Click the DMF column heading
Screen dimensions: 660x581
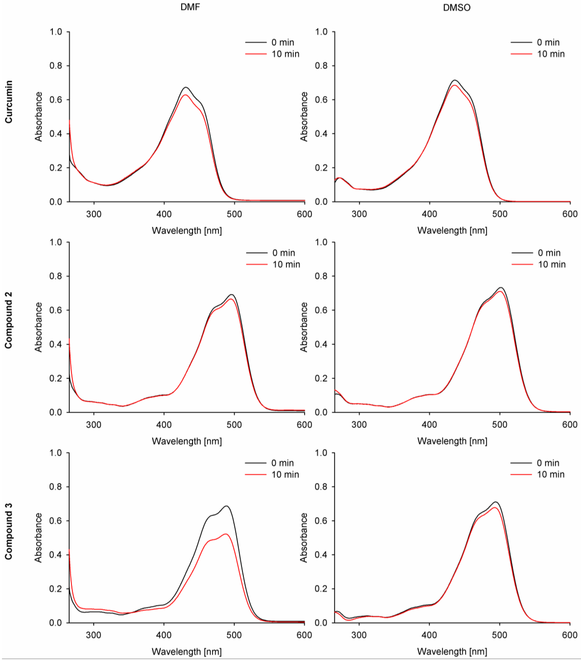190,7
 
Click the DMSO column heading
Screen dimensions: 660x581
456,7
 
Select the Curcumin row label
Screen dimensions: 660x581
9,102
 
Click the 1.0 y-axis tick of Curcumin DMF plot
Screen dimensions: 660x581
55,32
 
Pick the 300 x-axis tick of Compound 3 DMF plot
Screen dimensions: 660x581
94,635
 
